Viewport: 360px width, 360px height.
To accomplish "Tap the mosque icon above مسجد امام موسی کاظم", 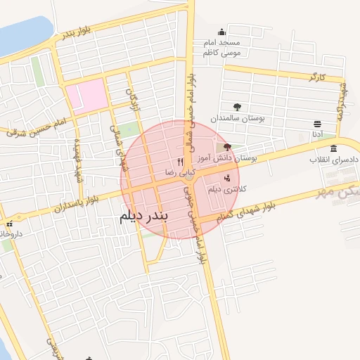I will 222,32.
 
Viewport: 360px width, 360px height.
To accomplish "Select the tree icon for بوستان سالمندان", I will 236,108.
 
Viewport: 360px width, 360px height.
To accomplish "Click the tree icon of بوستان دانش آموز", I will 226,148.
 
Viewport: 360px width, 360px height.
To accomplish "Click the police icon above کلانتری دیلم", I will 225,178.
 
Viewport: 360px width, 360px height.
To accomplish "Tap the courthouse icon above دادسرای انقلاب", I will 333,148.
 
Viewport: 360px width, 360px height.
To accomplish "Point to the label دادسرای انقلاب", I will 335,160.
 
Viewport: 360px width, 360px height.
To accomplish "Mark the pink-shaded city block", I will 87,96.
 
